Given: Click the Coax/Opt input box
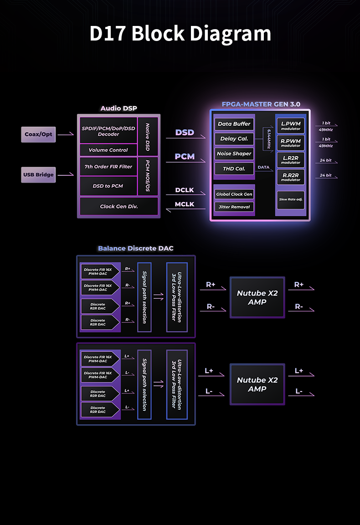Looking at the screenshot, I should coord(38,134).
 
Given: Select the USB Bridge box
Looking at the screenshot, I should coord(38,175).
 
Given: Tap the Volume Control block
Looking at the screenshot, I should coord(108,150).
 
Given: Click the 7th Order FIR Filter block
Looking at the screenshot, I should coord(108,167).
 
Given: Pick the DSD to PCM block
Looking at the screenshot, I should coord(108,186).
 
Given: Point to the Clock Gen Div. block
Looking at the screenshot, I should coord(118,206).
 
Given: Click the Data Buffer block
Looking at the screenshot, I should coord(234,124).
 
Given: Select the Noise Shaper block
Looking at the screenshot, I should coord(234,153).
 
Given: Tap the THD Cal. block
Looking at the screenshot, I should coord(234,168).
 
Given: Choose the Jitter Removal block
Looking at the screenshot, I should coord(234,207).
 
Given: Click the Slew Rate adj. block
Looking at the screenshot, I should coord(291,199).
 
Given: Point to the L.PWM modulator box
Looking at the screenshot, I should coord(291,125).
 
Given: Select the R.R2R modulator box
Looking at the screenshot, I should coord(291,177).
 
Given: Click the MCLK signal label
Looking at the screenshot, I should coord(185,204).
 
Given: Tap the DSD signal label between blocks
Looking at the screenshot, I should coord(185,133).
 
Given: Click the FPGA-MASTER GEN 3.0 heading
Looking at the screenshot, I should coord(261,104).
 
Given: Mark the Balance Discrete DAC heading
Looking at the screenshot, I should coord(136,248).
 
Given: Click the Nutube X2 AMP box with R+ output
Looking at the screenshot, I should coord(257,297).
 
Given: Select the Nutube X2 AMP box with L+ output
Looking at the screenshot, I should coord(257,384).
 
